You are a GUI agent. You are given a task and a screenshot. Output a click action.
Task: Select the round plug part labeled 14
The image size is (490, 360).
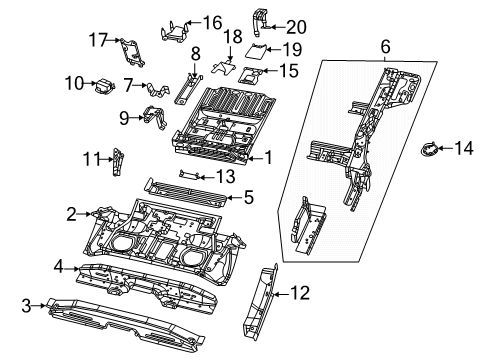click(428, 151)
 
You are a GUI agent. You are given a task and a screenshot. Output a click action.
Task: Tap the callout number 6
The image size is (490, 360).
click(382, 47)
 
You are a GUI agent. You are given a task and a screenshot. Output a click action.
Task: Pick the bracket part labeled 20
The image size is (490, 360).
click(260, 17)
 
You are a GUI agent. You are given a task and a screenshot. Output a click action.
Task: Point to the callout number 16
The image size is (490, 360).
click(212, 22)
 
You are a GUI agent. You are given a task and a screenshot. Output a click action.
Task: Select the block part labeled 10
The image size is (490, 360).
click(103, 87)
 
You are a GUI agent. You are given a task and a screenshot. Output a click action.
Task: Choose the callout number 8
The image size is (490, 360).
click(195, 51)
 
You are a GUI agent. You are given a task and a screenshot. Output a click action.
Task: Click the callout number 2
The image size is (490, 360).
click(72, 213)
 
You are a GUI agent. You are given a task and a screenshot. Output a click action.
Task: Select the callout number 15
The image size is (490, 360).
click(287, 70)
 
